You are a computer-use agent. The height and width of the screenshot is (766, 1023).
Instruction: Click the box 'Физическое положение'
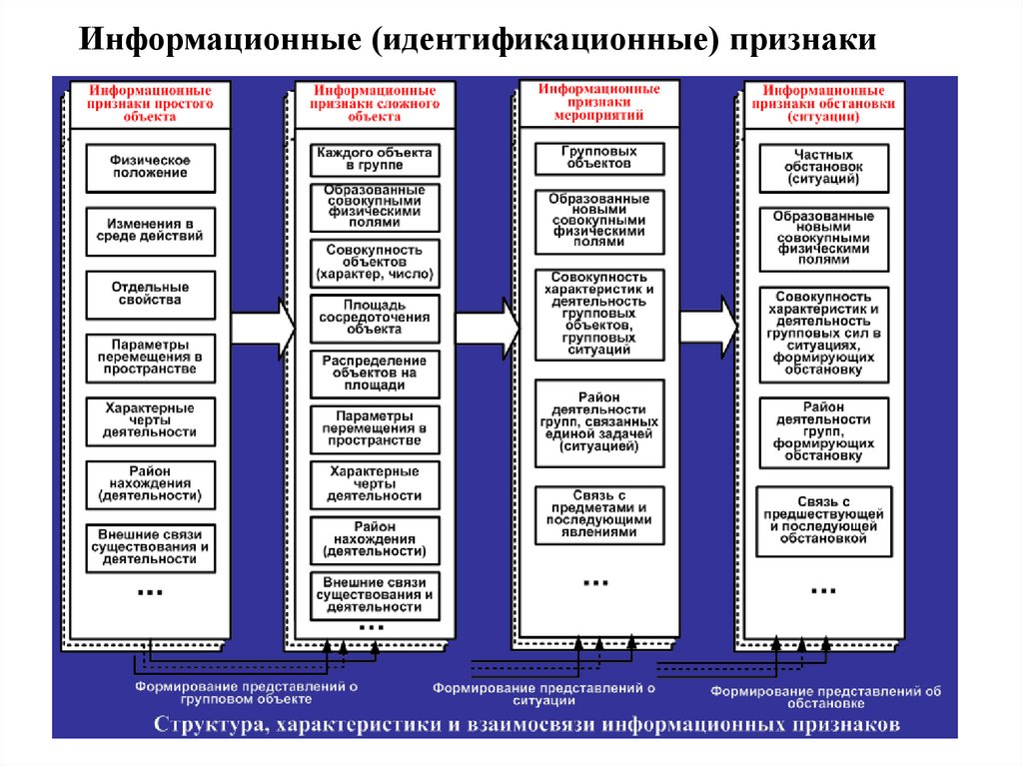pyautogui.click(x=150, y=168)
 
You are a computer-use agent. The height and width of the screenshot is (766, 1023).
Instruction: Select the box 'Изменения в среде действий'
pyautogui.click(x=150, y=230)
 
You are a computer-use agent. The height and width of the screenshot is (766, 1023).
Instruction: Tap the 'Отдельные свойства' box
pyautogui.click(x=150, y=294)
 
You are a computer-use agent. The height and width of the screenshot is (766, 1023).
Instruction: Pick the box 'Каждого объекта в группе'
pyautogui.click(x=375, y=159)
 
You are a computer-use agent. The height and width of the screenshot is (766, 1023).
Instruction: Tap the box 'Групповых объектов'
pyautogui.click(x=598, y=158)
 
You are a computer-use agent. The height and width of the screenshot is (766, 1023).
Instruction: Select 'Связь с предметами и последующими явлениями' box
pyautogui.click(x=598, y=514)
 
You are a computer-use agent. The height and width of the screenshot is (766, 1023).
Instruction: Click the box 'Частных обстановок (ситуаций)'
pyautogui.click(x=822, y=168)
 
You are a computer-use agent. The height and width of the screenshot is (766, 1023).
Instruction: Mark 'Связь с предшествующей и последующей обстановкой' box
pyautogui.click(x=822, y=518)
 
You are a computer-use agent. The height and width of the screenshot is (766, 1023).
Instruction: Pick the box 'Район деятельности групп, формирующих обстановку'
pyautogui.click(x=822, y=432)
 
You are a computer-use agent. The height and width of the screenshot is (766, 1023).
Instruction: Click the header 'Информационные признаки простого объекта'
pyautogui.click(x=151, y=103)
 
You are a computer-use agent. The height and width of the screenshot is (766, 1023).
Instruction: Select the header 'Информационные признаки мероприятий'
pyautogui.click(x=599, y=102)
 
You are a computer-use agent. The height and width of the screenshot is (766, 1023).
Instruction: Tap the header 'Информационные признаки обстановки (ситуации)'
pyautogui.click(x=824, y=103)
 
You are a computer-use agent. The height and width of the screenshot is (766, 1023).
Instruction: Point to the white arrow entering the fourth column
pyautogui.click(x=710, y=326)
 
